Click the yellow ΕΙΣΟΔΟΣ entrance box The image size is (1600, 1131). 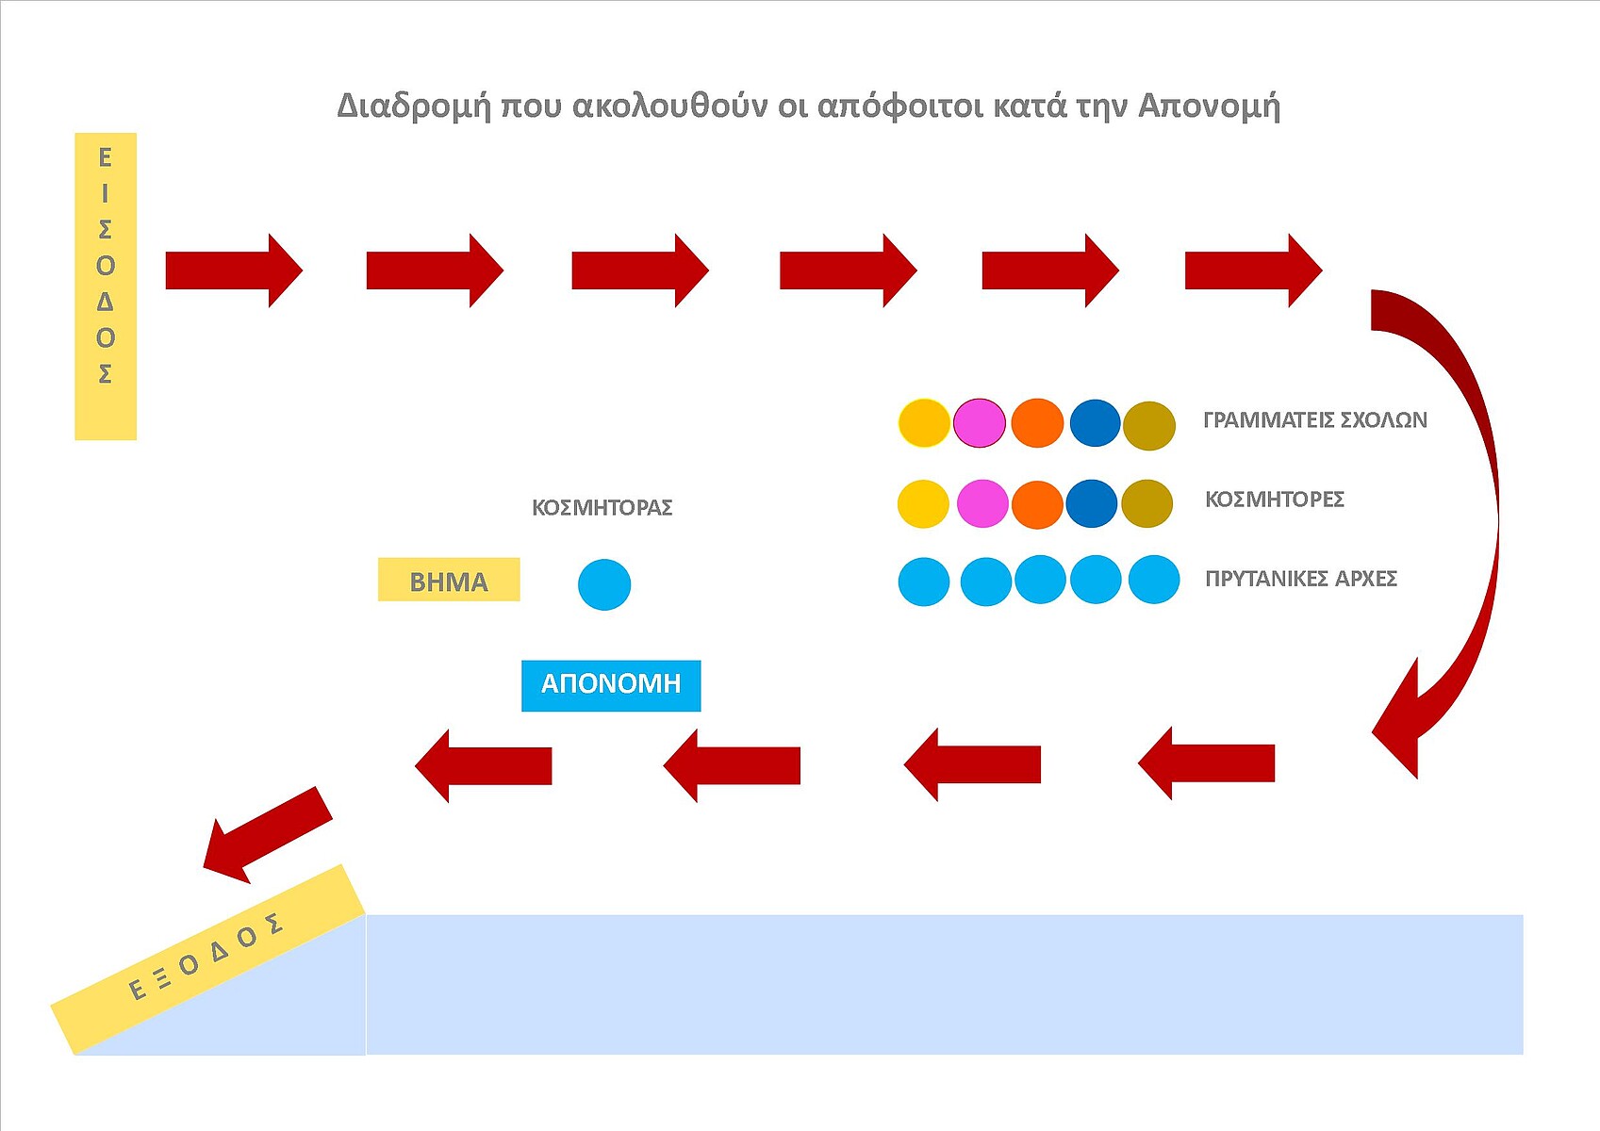(x=106, y=286)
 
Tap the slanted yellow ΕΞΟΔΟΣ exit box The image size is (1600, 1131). (x=207, y=958)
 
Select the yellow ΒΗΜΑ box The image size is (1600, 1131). (x=449, y=580)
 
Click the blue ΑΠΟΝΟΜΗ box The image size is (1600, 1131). (x=611, y=685)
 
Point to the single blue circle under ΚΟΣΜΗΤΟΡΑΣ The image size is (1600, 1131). (x=604, y=584)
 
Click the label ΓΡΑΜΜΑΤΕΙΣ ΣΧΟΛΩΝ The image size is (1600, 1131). (x=1314, y=420)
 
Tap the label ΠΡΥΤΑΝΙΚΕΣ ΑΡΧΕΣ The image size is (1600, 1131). (x=1300, y=579)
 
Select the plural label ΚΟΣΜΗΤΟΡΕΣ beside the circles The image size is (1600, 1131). (x=1274, y=500)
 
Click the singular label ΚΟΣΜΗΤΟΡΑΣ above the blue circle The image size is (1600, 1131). (x=602, y=508)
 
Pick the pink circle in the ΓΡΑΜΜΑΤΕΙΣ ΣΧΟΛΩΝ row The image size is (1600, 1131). (x=980, y=422)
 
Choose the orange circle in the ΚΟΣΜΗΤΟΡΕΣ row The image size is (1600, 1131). (x=1037, y=503)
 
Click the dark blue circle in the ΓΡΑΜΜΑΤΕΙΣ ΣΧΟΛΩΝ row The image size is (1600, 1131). (x=1095, y=422)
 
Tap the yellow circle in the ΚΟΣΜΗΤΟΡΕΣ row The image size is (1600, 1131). (x=923, y=503)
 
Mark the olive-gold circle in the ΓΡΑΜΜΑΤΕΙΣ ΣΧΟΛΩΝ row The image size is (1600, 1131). (x=1149, y=425)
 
